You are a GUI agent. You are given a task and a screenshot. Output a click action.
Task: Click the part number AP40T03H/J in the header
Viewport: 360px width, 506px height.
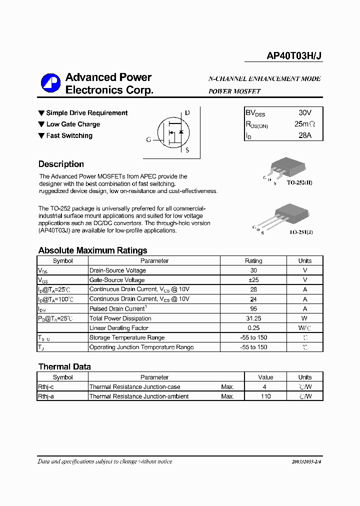294,56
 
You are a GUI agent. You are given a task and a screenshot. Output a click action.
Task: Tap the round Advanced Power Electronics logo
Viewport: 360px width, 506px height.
50,83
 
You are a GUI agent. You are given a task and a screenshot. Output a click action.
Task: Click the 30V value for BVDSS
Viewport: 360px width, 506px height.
304,113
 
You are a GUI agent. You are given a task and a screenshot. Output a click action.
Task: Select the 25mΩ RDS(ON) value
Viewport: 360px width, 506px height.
304,124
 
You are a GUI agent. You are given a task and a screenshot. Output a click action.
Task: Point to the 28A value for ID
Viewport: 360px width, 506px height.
304,135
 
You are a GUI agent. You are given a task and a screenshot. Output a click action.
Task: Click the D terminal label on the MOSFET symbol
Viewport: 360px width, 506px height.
187,113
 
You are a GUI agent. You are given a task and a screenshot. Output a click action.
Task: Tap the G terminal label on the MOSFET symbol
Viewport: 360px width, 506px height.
148,140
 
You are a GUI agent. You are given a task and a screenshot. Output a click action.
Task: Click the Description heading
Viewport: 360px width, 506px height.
61,164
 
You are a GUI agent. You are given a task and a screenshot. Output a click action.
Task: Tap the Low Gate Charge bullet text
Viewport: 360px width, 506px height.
73,124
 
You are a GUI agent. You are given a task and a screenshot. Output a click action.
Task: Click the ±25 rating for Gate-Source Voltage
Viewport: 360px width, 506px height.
253,280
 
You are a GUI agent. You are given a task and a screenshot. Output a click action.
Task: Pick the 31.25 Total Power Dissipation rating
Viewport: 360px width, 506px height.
253,318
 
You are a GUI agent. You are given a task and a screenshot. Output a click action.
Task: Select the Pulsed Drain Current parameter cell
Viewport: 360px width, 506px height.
117,309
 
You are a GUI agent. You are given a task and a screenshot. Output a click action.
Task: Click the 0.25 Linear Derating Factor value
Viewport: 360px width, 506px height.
253,328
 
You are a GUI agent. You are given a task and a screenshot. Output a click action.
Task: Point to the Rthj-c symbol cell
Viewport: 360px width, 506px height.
46,386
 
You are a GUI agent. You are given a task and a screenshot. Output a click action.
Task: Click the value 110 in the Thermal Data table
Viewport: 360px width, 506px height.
265,396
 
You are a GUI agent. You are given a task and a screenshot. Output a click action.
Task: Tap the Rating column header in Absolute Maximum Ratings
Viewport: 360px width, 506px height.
253,260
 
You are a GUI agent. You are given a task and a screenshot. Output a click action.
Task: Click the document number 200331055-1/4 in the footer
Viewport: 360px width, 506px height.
299,462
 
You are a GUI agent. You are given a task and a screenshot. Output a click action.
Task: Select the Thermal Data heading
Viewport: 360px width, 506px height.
64,366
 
